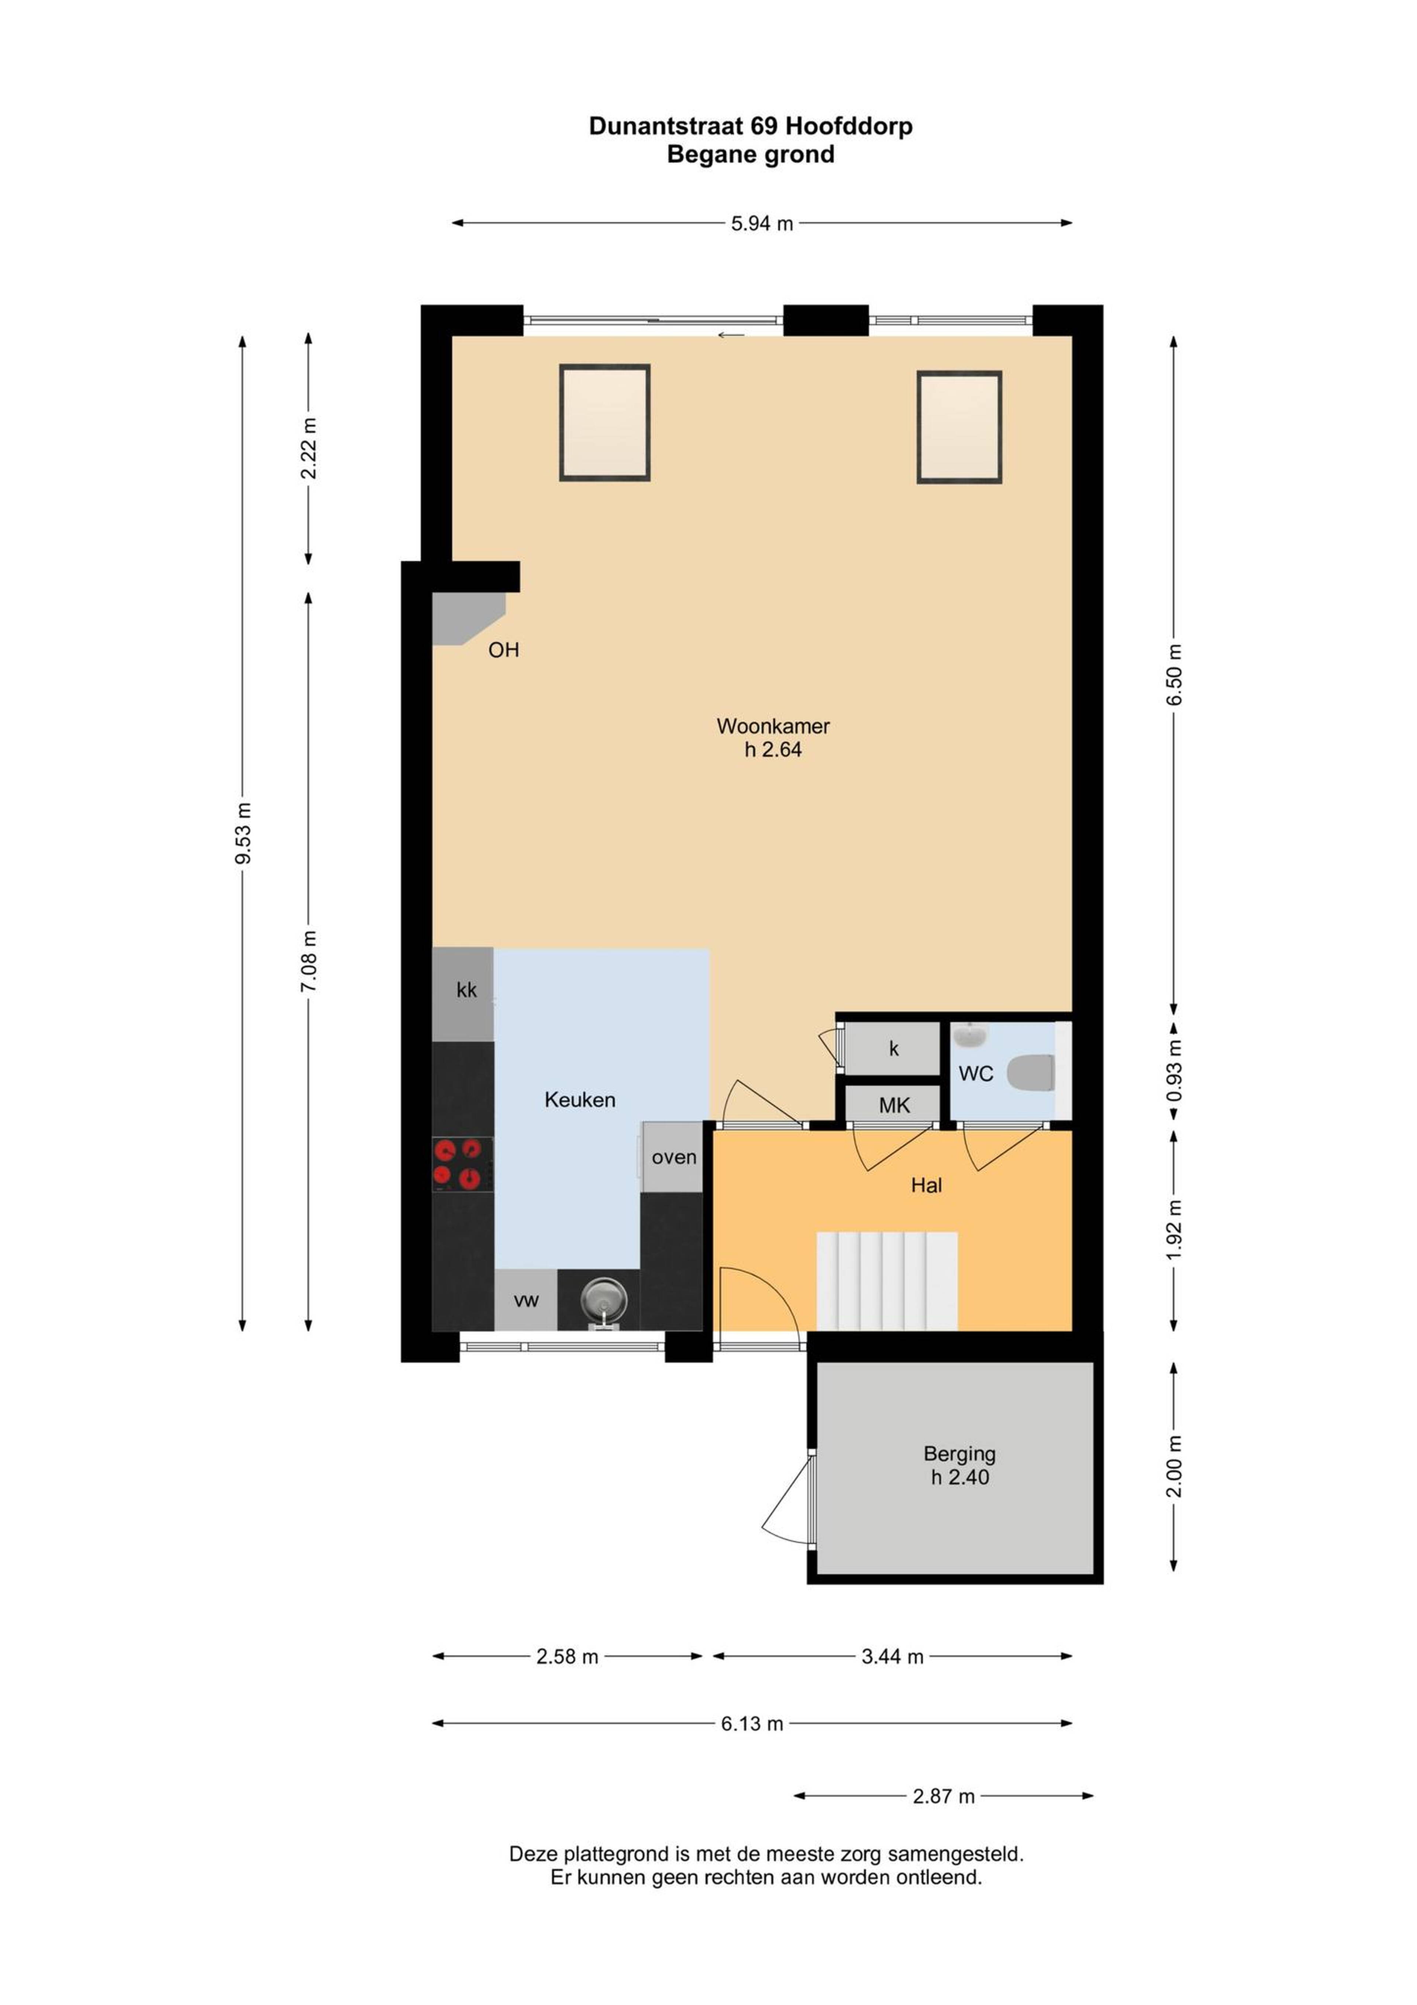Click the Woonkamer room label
click(773, 726)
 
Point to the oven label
click(674, 1157)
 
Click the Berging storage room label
click(959, 1453)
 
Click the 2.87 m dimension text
click(944, 1796)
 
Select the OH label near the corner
click(504, 650)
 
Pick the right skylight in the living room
click(959, 427)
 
